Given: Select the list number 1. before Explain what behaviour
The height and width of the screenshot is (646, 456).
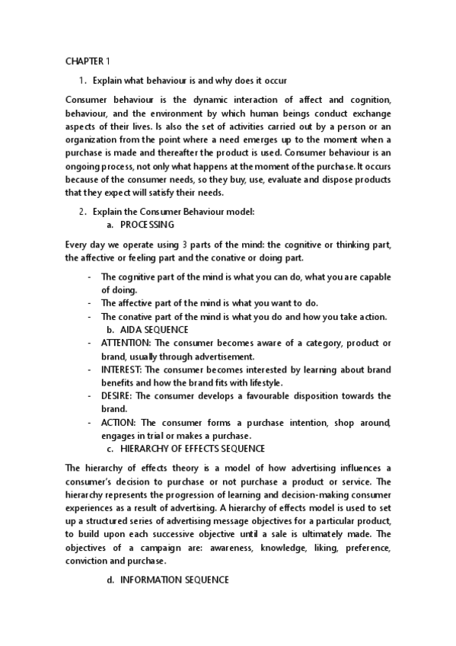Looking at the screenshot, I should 84,80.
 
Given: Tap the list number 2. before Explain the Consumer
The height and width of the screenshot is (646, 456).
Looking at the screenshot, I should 84,211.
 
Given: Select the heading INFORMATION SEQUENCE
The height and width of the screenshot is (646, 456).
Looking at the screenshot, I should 174,580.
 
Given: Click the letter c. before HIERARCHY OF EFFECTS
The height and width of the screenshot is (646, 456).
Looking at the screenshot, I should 110,448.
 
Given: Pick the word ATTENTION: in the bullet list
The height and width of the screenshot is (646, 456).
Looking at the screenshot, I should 126,343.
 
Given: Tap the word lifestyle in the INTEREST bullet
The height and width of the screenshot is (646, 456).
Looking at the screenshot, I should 261,382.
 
